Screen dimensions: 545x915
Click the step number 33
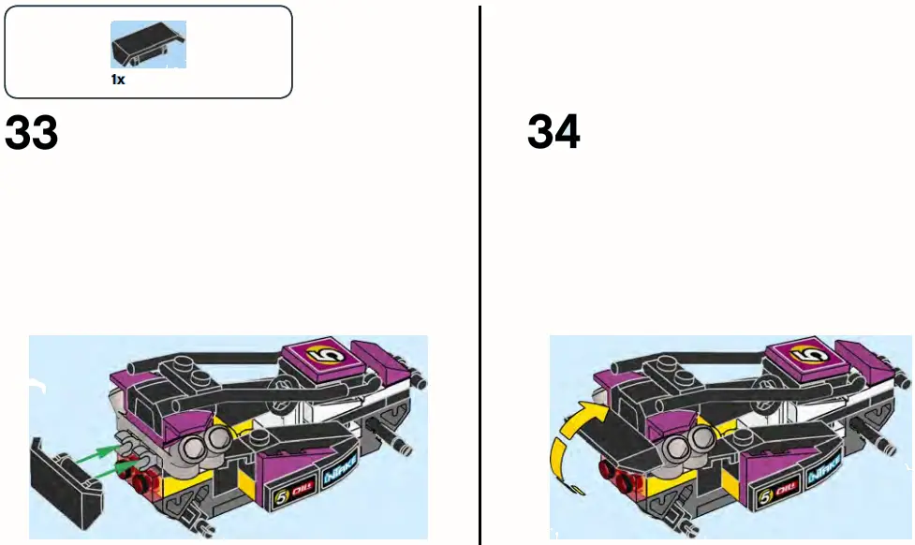click(32, 134)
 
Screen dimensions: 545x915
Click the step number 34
click(553, 133)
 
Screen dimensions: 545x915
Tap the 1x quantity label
click(118, 81)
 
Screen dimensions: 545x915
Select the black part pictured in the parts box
click(147, 45)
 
